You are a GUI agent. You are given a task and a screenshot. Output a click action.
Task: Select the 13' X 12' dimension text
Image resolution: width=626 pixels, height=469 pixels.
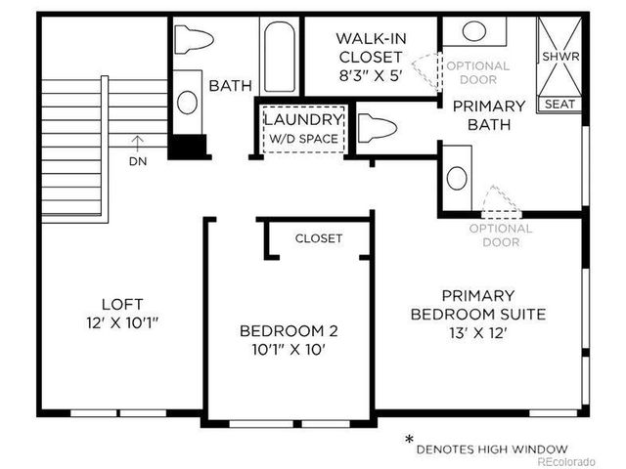477,332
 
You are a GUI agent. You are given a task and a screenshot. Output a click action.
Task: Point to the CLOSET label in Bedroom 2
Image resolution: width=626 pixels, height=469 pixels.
319,238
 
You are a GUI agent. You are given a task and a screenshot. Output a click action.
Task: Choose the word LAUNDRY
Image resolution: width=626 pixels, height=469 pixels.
302,119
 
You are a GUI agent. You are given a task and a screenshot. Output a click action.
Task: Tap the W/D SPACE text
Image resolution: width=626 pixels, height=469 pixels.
303,139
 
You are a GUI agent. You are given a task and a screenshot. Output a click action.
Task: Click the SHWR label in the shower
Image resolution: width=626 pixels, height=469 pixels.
560,57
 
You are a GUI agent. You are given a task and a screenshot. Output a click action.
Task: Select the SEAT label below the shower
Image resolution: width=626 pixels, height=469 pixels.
560,103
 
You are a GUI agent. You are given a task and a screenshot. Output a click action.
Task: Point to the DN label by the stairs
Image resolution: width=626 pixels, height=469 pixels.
137,161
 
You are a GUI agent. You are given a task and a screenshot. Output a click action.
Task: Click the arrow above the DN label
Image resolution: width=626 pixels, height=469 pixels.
137,144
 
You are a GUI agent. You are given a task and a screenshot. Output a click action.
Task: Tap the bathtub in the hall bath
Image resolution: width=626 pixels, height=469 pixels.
279,57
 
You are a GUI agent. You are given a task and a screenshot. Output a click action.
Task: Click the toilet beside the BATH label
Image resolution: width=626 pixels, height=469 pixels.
194,39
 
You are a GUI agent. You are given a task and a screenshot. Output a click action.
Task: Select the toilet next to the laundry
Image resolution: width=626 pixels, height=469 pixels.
377,127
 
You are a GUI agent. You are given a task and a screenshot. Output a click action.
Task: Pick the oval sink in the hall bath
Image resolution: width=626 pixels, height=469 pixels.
187,103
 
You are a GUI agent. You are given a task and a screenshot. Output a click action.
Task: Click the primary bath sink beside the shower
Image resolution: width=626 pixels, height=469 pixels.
474,30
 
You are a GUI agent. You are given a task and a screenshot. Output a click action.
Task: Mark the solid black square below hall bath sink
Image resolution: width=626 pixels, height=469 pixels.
188,147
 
